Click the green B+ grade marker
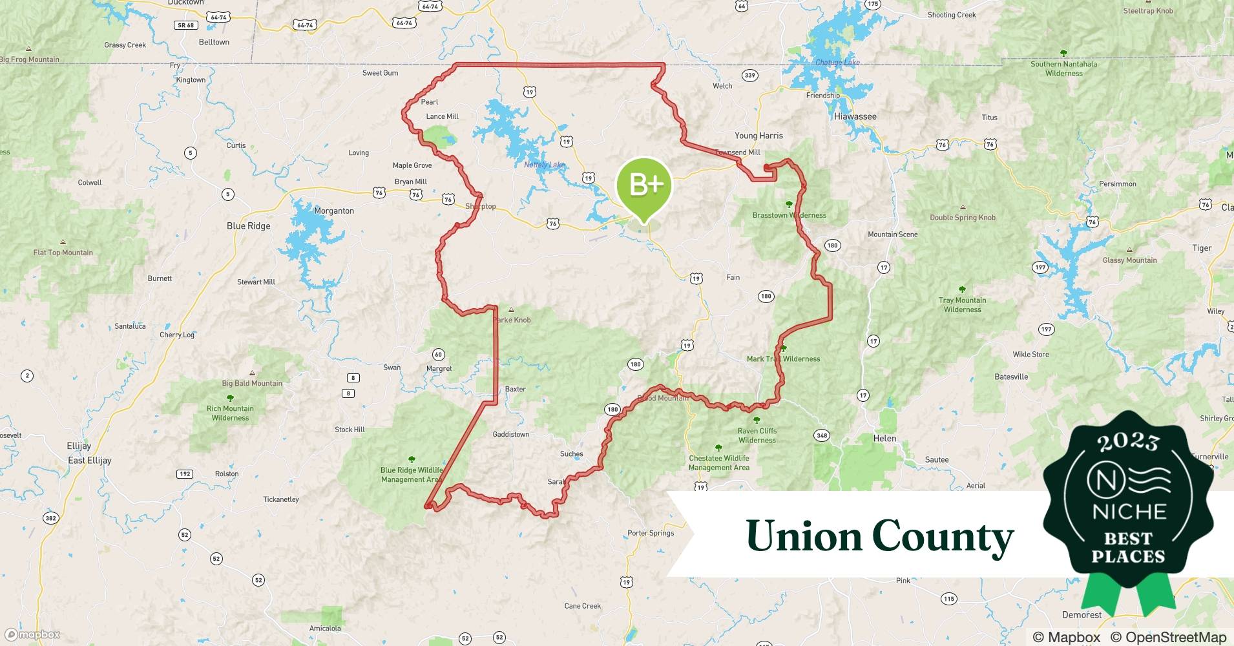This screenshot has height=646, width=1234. (x=644, y=185)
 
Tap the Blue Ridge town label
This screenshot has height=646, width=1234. (x=249, y=226)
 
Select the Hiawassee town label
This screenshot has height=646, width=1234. (x=855, y=117)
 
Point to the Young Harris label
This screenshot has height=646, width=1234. (x=758, y=136)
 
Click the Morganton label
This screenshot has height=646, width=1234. (x=334, y=211)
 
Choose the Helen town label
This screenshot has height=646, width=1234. (x=884, y=438)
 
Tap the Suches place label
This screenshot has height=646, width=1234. (x=571, y=454)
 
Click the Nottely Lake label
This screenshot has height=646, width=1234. (x=544, y=165)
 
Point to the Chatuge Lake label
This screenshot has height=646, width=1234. (x=837, y=63)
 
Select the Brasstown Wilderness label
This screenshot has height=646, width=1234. (x=789, y=215)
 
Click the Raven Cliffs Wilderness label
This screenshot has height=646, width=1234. (x=757, y=435)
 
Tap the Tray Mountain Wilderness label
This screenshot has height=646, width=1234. (x=962, y=305)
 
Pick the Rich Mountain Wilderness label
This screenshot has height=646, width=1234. (x=230, y=413)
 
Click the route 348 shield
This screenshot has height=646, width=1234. (x=822, y=435)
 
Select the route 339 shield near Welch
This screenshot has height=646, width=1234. (x=749, y=76)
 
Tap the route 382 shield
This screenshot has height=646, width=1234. (x=50, y=518)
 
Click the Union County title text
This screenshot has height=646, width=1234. (x=879, y=537)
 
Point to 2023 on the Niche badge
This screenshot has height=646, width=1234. (x=1129, y=441)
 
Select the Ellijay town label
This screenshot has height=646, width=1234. (x=79, y=446)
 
